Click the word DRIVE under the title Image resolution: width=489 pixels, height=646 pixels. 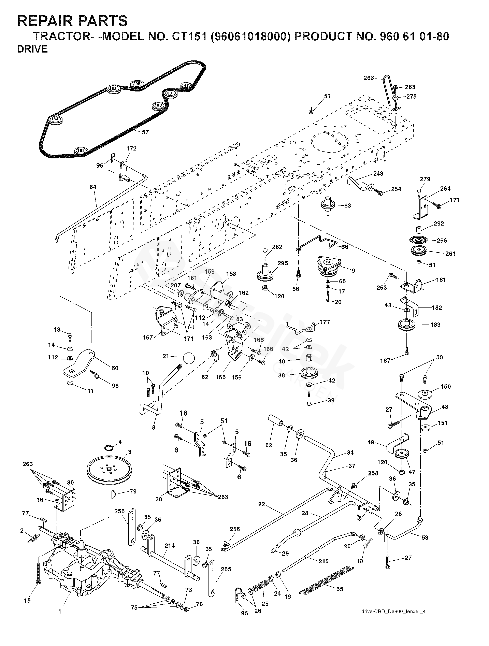click(32, 49)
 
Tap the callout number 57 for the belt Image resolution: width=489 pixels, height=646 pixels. click(145, 132)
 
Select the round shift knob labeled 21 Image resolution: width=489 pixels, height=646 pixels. click(189, 357)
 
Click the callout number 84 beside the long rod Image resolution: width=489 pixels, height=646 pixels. click(93, 187)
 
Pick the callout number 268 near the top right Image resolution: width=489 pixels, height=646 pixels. click(369, 78)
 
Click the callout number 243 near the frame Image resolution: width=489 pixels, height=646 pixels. click(378, 173)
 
